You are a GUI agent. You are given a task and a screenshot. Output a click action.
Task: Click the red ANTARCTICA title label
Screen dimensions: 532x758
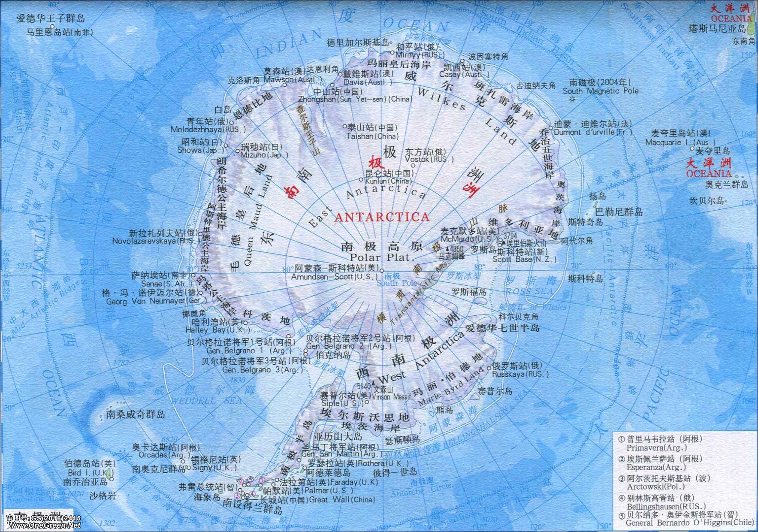[x=381, y=217]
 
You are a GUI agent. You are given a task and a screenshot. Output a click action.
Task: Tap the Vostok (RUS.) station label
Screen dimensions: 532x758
[x=429, y=159]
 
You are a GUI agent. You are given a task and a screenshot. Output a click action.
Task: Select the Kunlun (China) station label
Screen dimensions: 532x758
[x=388, y=181]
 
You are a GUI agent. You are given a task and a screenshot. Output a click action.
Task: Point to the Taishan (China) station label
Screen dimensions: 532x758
[x=372, y=136]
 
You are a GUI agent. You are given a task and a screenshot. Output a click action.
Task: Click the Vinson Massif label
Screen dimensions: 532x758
[x=390, y=396]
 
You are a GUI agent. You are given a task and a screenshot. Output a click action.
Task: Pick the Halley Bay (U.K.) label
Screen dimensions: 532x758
[x=217, y=330]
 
